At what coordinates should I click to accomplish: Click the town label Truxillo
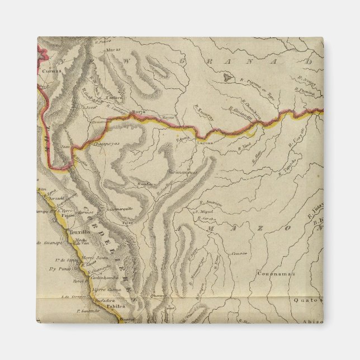[78, 230]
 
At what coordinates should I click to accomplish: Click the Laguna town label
[202, 143]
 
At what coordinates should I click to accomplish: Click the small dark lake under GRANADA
[228, 78]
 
